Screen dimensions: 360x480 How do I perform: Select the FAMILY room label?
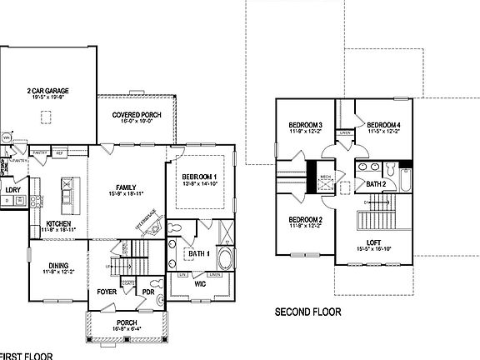[127, 187]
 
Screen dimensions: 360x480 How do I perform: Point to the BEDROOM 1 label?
[200, 177]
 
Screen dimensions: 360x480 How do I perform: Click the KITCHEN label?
[58, 222]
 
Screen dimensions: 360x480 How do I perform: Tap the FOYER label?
[107, 292]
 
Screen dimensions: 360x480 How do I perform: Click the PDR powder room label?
[148, 292]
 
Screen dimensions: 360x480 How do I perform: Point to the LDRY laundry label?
[12, 190]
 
